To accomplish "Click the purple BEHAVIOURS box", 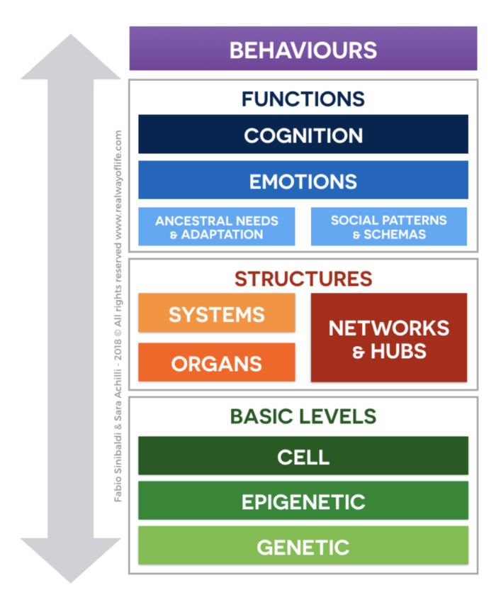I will click(303, 50).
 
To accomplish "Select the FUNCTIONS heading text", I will click(303, 99).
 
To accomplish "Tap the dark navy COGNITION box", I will click(303, 135).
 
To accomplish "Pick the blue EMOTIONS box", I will click(303, 181).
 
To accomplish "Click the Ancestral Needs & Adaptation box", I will click(216, 227).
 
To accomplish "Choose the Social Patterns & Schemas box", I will click(388, 227).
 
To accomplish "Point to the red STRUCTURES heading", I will click(303, 279).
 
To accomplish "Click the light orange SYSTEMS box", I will click(216, 313).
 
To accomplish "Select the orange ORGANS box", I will click(216, 362).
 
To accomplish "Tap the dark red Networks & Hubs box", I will click(388, 338).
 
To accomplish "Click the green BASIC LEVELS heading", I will click(303, 416).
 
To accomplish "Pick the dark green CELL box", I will click(303, 456).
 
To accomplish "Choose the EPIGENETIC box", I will click(303, 501).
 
